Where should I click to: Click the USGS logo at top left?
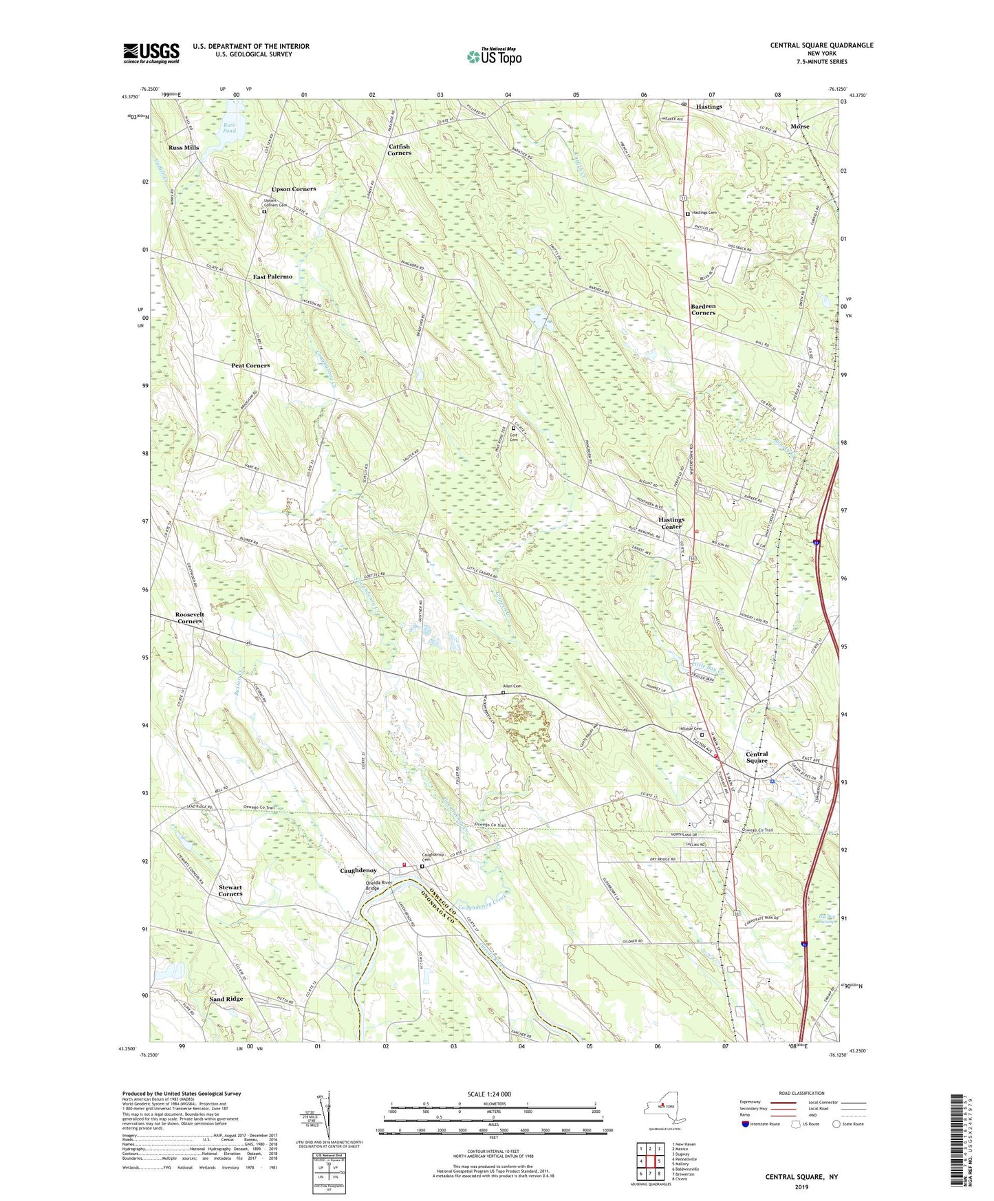click(x=151, y=53)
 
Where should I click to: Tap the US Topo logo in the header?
click(x=494, y=57)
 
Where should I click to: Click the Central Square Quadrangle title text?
click(x=821, y=45)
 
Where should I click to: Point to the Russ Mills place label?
click(x=184, y=148)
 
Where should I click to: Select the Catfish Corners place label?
click(x=399, y=149)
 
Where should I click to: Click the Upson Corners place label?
click(x=294, y=188)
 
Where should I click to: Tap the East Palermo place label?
click(x=272, y=277)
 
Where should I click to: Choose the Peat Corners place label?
click(x=250, y=365)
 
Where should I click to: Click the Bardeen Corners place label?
click(x=703, y=309)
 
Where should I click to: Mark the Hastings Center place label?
click(x=671, y=523)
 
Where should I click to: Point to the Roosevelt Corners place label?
click(x=189, y=618)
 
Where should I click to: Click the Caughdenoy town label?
click(x=358, y=870)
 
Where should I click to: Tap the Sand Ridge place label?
click(x=226, y=999)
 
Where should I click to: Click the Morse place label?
click(x=799, y=127)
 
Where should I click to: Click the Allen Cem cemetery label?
click(x=512, y=686)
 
